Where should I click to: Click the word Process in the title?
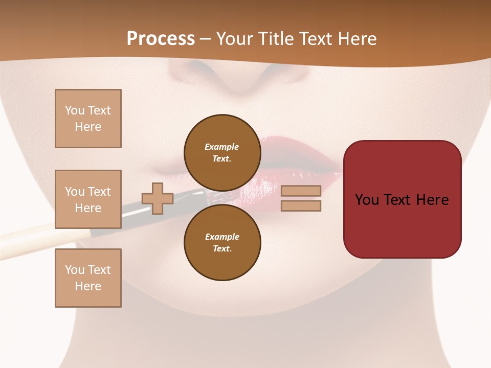click(161, 39)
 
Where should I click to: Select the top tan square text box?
click(88, 119)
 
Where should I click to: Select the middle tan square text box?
click(88, 199)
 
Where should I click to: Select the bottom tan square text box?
click(88, 278)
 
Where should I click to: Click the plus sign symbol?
click(158, 198)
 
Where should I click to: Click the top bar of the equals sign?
click(301, 191)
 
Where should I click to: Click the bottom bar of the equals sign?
click(301, 205)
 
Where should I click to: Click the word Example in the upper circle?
click(221, 147)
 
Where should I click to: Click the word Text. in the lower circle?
click(222, 248)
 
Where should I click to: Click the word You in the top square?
click(75, 110)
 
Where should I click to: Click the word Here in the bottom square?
click(88, 286)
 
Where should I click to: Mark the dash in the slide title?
click(205, 39)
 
